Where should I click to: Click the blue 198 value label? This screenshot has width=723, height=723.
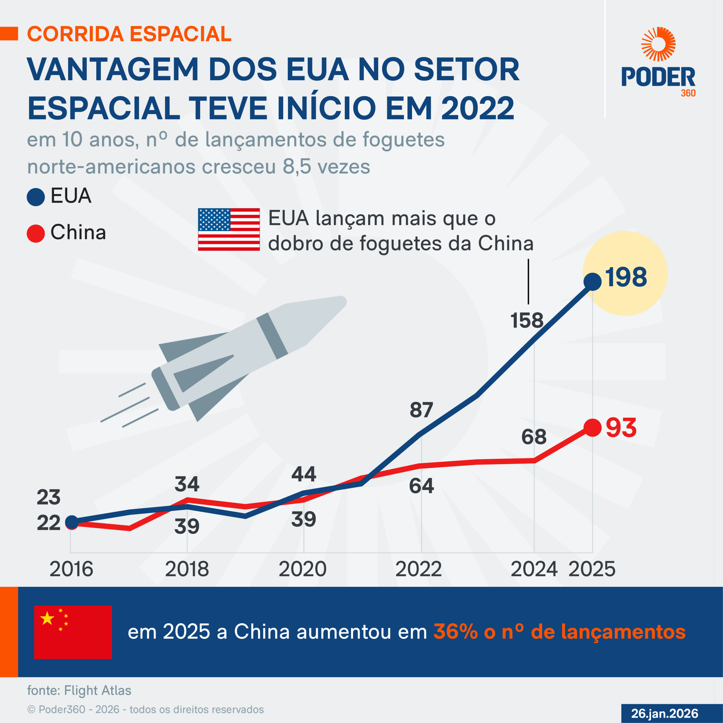click(x=626, y=277)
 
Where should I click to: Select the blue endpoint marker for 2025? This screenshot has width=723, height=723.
click(x=593, y=281)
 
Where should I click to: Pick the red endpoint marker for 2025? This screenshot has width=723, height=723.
click(x=593, y=428)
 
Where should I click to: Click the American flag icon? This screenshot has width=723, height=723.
click(x=229, y=229)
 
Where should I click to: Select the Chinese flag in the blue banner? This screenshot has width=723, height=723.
click(x=73, y=632)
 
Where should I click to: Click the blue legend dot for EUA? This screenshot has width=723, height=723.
click(x=36, y=197)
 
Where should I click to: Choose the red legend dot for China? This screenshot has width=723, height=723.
click(x=36, y=233)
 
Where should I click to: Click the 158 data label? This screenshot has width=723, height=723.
click(x=526, y=321)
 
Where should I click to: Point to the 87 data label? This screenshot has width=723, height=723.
click(x=421, y=410)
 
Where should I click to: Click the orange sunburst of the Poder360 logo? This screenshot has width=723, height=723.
click(x=658, y=44)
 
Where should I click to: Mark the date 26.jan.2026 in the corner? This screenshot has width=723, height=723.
click(x=665, y=714)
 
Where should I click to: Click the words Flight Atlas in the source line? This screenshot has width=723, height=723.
click(x=98, y=691)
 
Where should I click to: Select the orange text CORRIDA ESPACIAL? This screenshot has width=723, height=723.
click(x=129, y=34)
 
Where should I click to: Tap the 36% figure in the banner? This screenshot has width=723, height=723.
click(x=456, y=632)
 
